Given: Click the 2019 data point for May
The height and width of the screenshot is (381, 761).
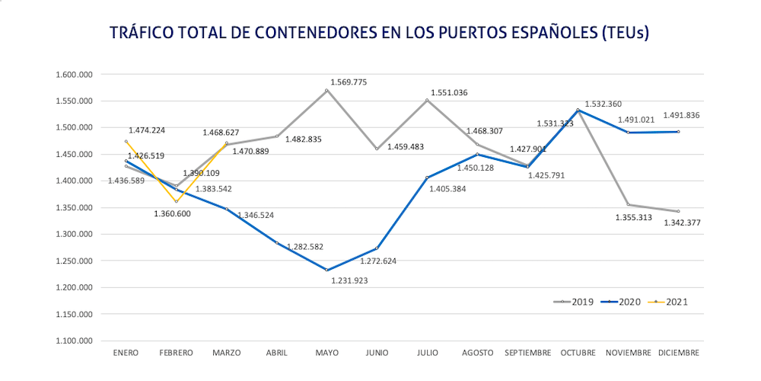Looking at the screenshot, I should (x=326, y=91).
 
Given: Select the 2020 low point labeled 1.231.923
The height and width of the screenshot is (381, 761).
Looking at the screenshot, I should (x=326, y=270).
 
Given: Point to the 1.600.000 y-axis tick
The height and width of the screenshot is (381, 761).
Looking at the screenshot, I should (x=75, y=75).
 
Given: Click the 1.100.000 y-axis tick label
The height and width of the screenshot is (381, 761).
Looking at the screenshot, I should (x=75, y=341).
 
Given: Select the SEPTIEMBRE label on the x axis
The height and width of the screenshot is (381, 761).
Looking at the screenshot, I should (x=527, y=353).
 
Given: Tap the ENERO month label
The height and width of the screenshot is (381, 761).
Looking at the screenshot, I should (x=126, y=353).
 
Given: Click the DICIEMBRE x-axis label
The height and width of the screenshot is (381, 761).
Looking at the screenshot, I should (x=678, y=353).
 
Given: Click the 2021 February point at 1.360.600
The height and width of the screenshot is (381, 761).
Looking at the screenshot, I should (x=177, y=202).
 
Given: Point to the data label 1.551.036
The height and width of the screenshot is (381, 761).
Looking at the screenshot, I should (x=449, y=92).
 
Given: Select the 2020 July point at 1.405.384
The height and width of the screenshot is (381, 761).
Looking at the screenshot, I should (x=427, y=178).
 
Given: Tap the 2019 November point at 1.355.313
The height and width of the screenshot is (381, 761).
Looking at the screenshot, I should (x=628, y=204).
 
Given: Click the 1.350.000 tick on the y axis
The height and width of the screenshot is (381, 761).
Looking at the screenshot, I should (x=75, y=208).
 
